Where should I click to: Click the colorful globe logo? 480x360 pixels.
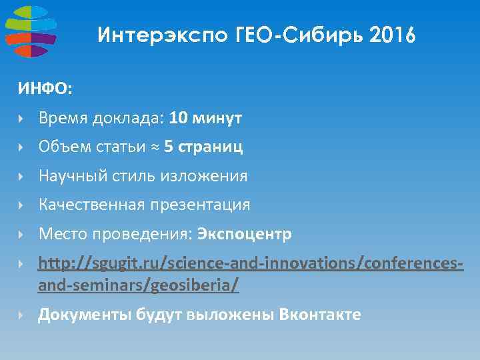[x=30, y=31]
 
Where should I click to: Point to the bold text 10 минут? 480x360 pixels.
[x=205, y=119]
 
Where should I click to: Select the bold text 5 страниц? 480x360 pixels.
[x=203, y=147]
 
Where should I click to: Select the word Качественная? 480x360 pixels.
[x=90, y=205]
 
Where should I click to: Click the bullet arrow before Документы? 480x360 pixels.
[x=22, y=315]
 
